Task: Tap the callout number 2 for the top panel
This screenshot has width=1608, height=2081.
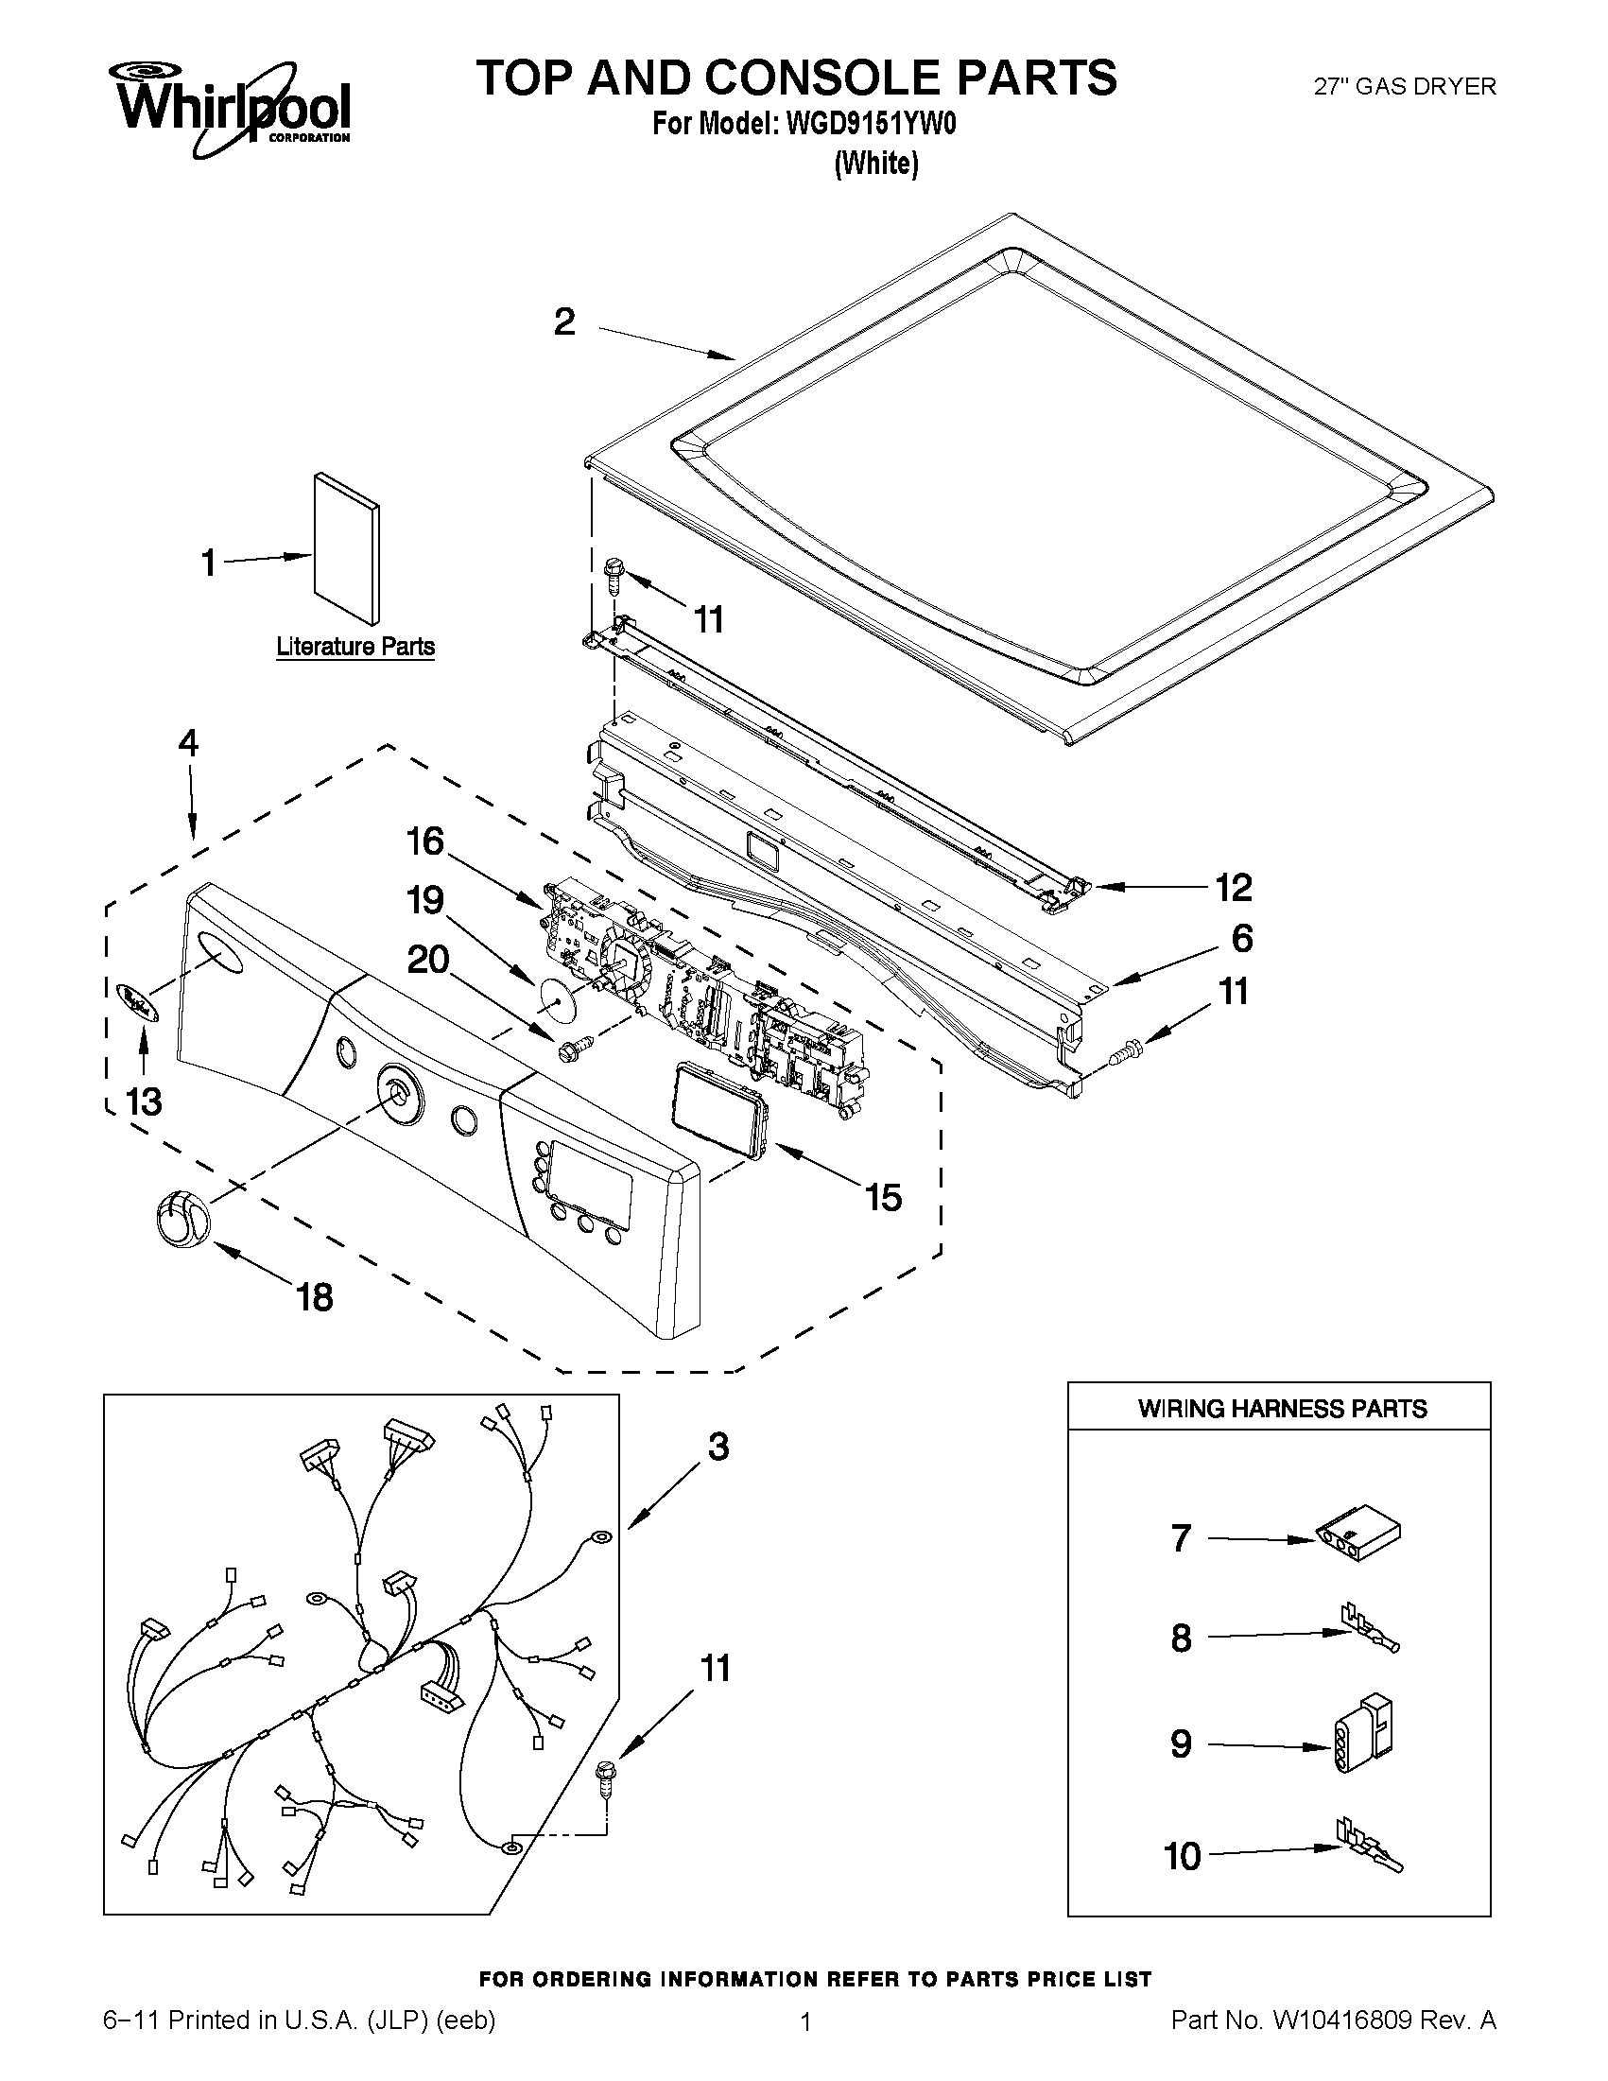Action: click(x=564, y=322)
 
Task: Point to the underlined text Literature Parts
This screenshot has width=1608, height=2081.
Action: click(x=355, y=647)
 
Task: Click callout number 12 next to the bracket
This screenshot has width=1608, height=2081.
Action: click(x=1234, y=887)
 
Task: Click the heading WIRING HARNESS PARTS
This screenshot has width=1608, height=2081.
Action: click(x=1282, y=1409)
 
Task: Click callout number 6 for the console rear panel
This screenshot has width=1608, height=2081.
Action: click(x=1241, y=939)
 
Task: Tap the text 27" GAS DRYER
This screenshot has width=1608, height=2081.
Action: click(x=1405, y=87)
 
